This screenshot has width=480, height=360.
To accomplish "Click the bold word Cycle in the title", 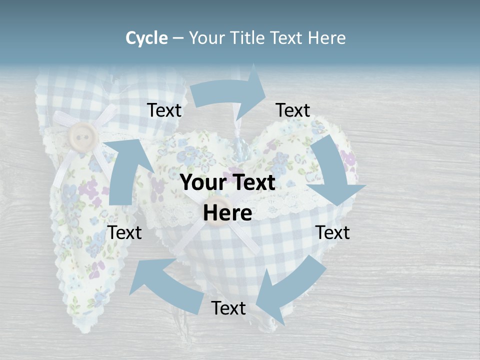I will point(146,38).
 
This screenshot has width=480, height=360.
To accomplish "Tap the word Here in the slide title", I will point(326,38).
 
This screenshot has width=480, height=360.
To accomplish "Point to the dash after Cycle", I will point(178,38).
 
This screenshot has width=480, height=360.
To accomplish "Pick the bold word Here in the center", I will point(227,213).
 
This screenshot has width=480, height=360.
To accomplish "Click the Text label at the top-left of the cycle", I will point(164,110).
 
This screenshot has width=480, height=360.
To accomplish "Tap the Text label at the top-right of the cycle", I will point(293,110).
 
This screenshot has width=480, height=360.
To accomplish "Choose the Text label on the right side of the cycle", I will point(333,232).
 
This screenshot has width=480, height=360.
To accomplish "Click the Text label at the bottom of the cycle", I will point(228,308).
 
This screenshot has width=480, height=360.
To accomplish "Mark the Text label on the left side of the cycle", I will point(124,232).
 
